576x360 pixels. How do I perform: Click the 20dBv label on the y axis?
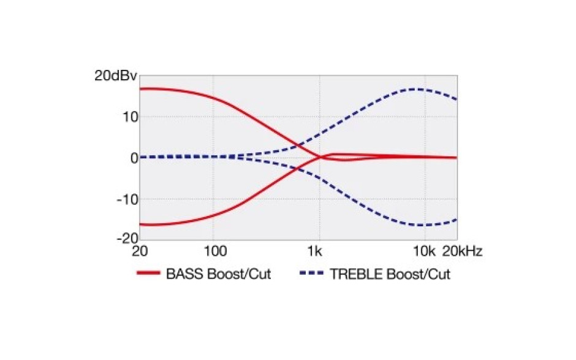click(116, 76)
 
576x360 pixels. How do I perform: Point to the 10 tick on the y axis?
click(131, 117)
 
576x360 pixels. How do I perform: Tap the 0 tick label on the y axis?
click(134, 158)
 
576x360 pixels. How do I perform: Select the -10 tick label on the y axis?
click(127, 200)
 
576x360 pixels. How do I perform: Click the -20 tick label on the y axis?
click(127, 239)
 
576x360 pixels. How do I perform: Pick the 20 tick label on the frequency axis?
click(140, 251)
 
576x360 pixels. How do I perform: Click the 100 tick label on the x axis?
click(215, 251)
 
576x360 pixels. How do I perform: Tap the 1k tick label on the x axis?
click(315, 251)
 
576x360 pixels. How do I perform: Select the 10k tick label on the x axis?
click(424, 251)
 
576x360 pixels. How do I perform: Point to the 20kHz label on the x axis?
click(462, 251)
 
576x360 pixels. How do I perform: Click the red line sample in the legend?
click(148, 273)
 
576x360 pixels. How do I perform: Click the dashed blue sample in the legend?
click(311, 273)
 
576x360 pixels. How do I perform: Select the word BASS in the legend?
click(185, 274)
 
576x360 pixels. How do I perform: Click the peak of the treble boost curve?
click(415, 89)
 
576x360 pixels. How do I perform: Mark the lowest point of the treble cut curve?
click(419, 225)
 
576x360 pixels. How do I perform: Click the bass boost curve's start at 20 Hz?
click(140, 89)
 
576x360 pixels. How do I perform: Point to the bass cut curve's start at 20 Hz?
click(140, 224)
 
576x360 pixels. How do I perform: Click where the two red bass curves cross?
click(320, 157)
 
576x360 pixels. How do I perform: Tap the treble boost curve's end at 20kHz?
click(457, 99)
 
